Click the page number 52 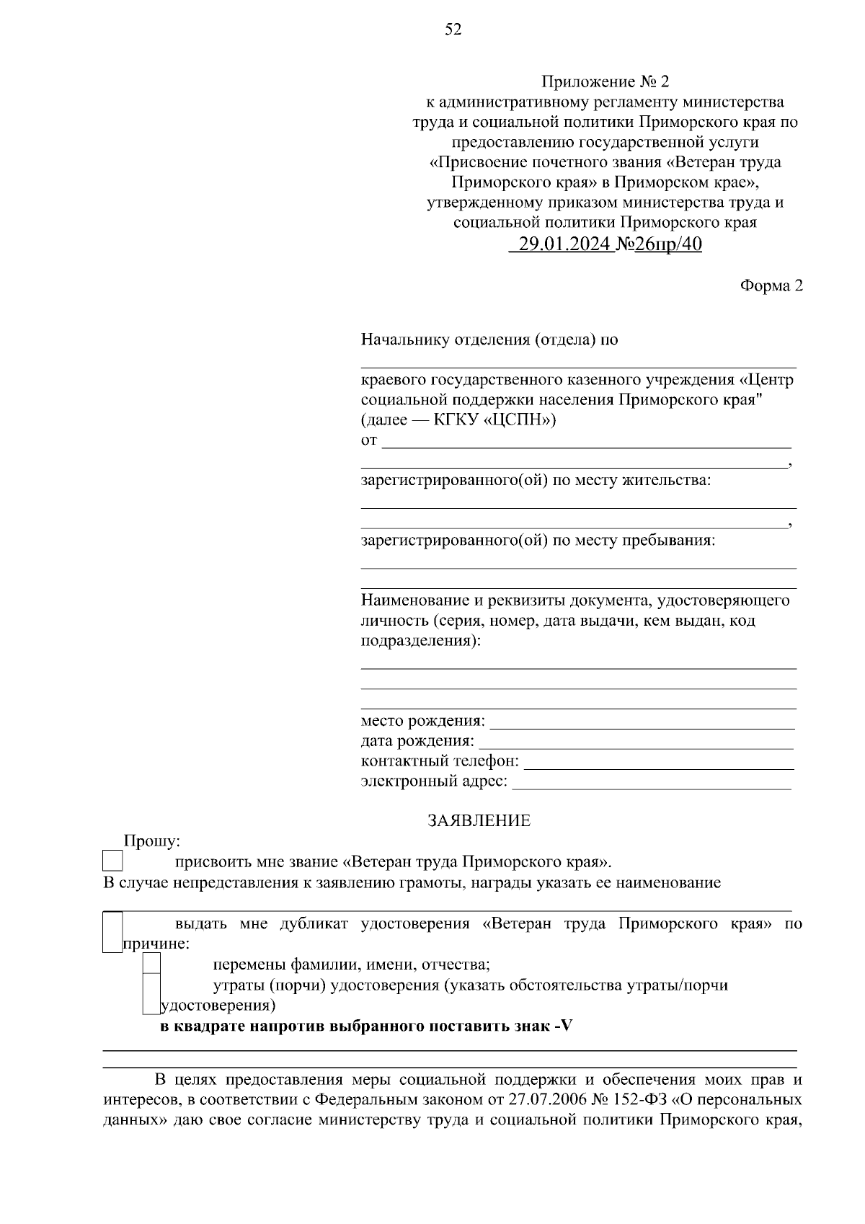[453, 30]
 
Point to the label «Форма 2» [771, 285]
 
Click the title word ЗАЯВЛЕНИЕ [479, 820]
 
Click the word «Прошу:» [152, 841]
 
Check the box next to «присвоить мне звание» [112, 861]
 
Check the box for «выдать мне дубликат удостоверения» [112, 932]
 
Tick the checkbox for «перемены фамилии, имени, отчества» [151, 964]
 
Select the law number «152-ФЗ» [648, 1101]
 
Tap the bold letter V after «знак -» [567, 1026]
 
